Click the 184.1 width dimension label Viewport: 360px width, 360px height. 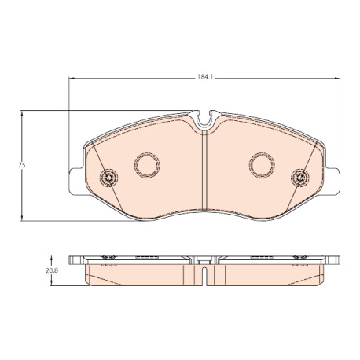pos(204,78)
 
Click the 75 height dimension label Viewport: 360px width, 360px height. pos(22,165)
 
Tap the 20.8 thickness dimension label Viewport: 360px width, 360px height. pos(52,271)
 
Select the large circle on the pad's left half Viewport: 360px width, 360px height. pos(147,165)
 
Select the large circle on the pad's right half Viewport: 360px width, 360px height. pos(262,165)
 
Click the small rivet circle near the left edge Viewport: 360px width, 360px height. pos(108,178)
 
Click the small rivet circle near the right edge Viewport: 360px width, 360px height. pos(300,178)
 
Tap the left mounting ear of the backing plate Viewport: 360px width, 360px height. pos(76,182)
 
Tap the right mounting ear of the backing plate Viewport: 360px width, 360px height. pos(332,182)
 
